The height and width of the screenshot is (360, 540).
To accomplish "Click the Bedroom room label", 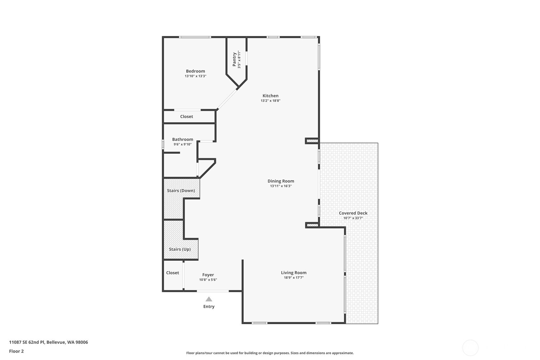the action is click(195, 71).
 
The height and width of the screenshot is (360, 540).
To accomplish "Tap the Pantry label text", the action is click(234, 59).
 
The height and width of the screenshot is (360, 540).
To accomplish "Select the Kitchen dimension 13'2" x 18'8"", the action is click(270, 101).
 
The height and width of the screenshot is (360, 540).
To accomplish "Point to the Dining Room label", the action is click(281, 181).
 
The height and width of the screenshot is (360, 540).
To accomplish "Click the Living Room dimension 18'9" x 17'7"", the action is click(294, 278).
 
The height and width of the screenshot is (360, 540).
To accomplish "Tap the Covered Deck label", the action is click(353, 213).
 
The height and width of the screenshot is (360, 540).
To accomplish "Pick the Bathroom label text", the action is click(182, 139).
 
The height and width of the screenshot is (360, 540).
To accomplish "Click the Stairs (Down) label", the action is click(181, 190).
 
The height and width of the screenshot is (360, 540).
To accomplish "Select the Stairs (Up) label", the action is click(180, 249).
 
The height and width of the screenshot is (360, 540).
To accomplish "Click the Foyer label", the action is click(208, 275).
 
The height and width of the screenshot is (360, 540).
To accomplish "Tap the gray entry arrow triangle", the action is click(209, 299).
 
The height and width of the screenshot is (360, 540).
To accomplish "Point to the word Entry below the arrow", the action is click(209, 307).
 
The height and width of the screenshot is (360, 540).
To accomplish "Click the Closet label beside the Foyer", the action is click(172, 273).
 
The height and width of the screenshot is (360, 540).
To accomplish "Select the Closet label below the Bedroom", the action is click(186, 116).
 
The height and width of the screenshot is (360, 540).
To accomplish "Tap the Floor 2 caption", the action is click(17, 351).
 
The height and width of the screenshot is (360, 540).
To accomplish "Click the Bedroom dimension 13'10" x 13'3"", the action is click(195, 76).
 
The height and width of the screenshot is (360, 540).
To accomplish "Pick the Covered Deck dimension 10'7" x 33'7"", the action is click(353, 218).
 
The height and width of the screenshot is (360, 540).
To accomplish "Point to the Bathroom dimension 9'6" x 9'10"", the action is click(182, 144).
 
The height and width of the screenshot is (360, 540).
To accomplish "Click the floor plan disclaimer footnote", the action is click(270, 353).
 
